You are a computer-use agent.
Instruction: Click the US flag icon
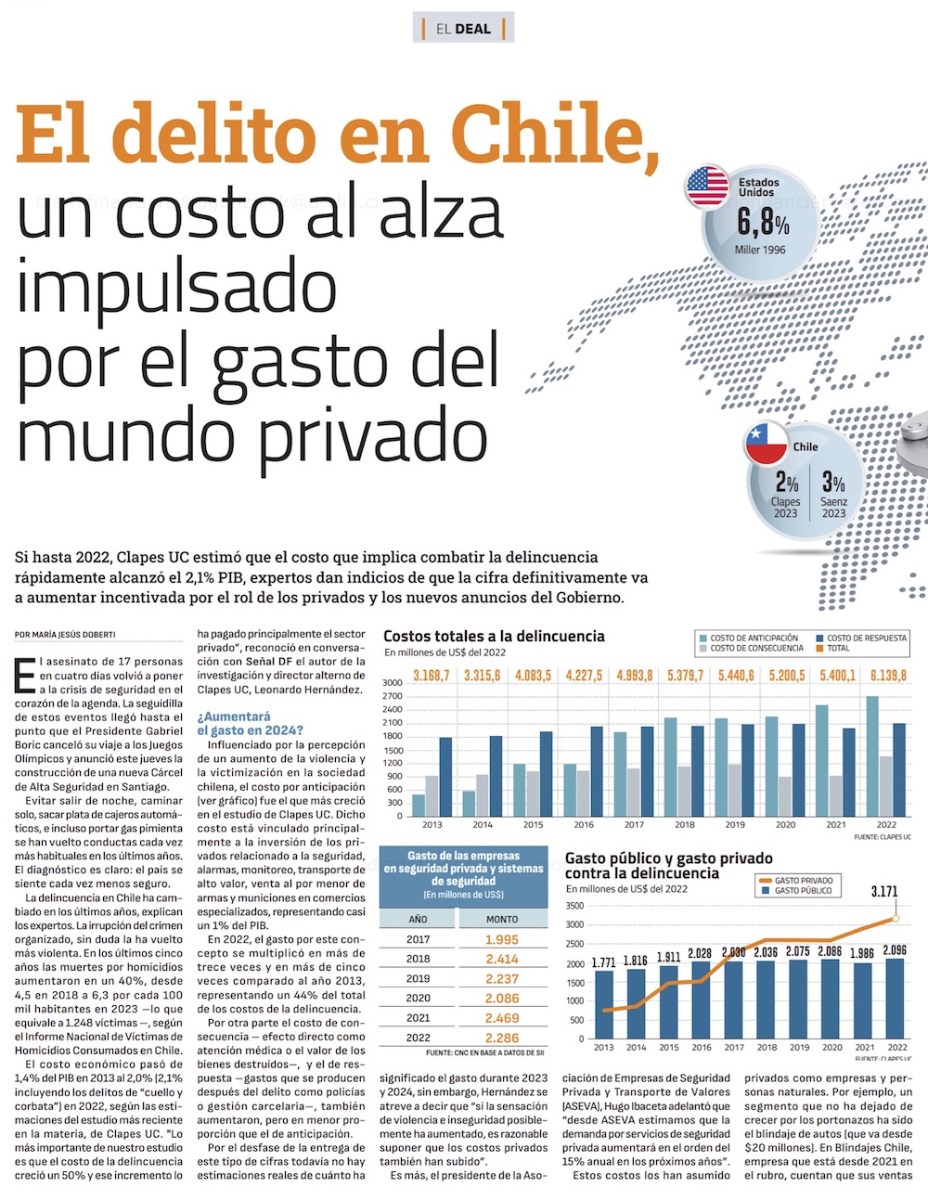pyautogui.click(x=707, y=187)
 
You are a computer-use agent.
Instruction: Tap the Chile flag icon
pyautogui.click(x=767, y=444)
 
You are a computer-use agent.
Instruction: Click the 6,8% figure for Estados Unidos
pyautogui.click(x=763, y=224)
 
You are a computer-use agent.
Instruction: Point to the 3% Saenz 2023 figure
pyautogui.click(x=833, y=484)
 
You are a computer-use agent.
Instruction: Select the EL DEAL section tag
pyautogui.click(x=463, y=29)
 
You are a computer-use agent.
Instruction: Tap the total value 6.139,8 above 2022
pyautogui.click(x=888, y=676)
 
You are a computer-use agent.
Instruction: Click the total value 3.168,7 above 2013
pyautogui.click(x=432, y=676)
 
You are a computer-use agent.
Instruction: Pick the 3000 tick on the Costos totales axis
pyautogui.click(x=393, y=683)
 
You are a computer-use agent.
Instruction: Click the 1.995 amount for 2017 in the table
pyautogui.click(x=502, y=939)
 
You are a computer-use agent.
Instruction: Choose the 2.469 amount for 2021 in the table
pyautogui.click(x=502, y=1018)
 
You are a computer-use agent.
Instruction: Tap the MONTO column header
pyautogui.click(x=502, y=919)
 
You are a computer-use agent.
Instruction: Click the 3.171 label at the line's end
pyautogui.click(x=884, y=892)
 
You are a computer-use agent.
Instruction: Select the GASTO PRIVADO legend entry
pyautogui.click(x=803, y=881)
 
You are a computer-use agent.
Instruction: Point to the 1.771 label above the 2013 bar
pyautogui.click(x=604, y=963)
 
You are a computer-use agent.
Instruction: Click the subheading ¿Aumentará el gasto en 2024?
pyautogui.click(x=250, y=724)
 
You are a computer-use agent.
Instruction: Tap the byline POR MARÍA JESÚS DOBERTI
pyautogui.click(x=65, y=635)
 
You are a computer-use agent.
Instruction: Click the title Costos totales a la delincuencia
pyautogui.click(x=494, y=637)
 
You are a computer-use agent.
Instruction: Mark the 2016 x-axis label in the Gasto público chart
pyautogui.click(x=702, y=1048)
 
